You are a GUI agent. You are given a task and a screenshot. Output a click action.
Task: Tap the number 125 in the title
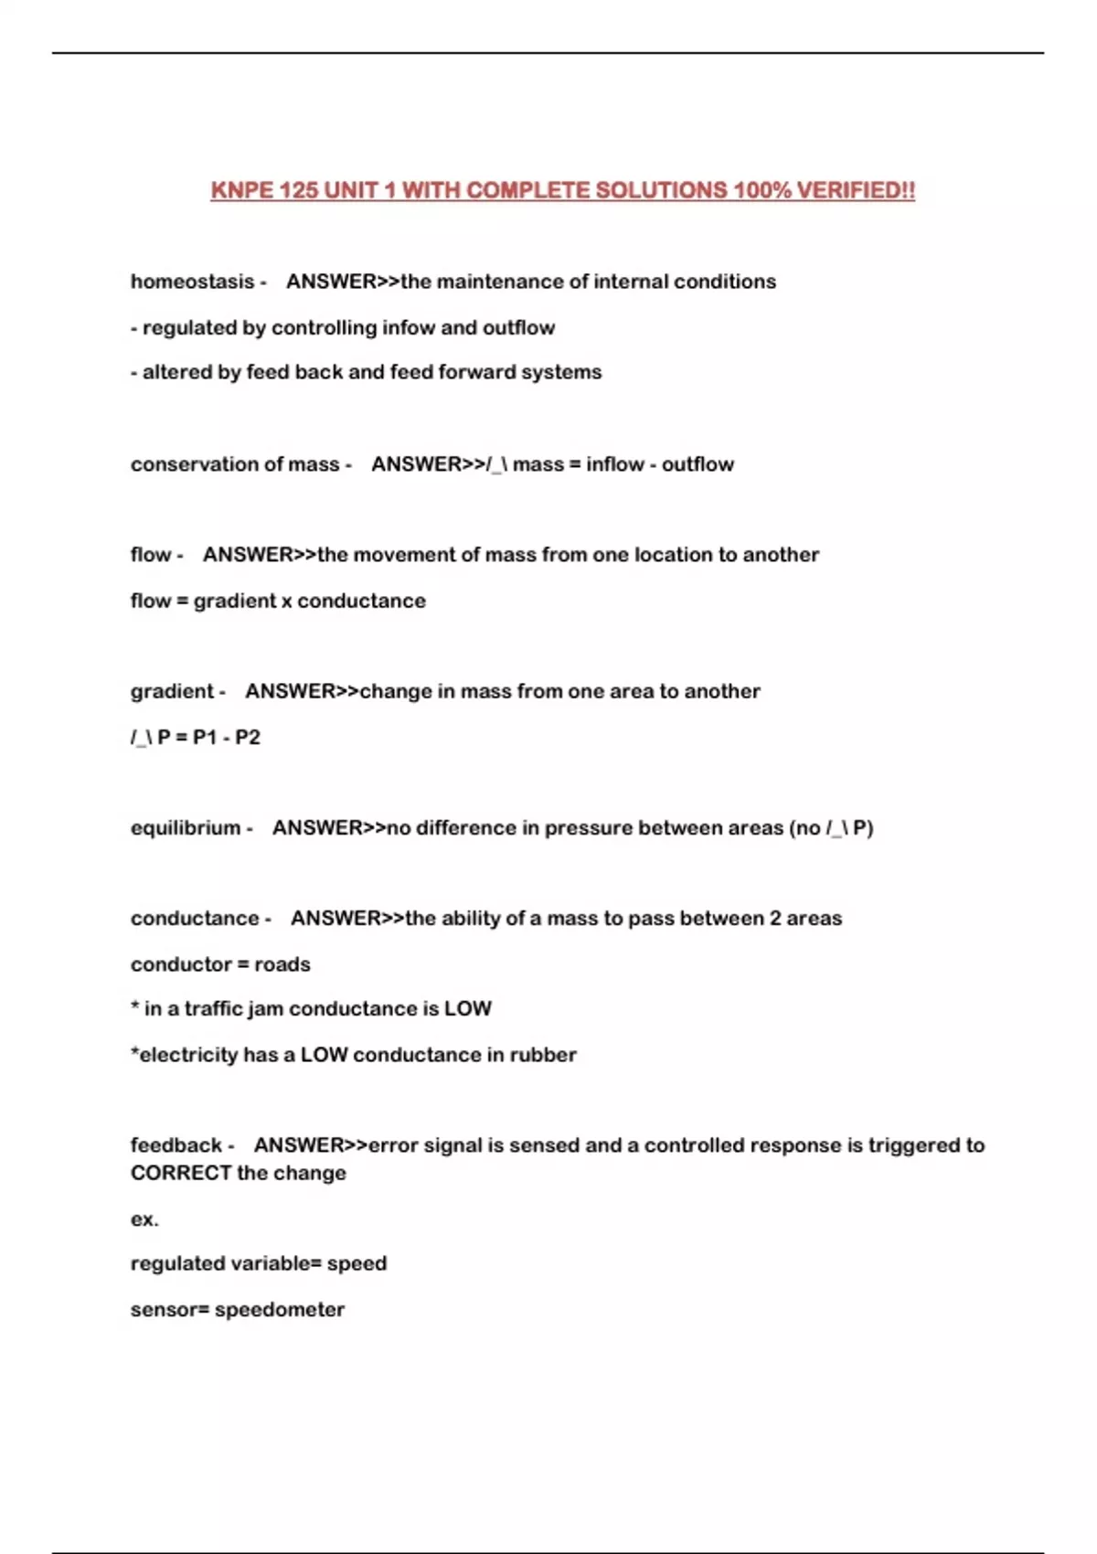click(298, 190)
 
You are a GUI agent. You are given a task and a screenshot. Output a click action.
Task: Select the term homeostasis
click(192, 282)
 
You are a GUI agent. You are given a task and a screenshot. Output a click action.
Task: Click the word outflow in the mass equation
click(698, 464)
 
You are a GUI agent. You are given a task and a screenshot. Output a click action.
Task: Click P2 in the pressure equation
click(248, 737)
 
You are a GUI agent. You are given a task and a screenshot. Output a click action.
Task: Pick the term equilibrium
click(186, 828)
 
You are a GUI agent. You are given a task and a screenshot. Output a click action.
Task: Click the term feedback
click(176, 1145)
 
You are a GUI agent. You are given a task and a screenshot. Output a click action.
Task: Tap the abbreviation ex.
click(144, 1219)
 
